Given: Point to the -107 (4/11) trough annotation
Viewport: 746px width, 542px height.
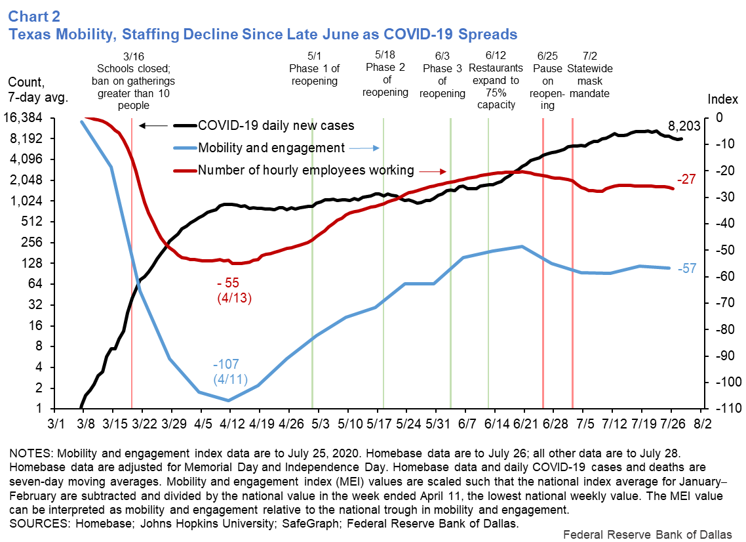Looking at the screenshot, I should tap(228, 372).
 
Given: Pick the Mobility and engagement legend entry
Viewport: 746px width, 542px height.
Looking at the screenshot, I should tap(271, 148).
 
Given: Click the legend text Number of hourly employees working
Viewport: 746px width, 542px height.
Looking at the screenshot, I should tap(306, 171).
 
